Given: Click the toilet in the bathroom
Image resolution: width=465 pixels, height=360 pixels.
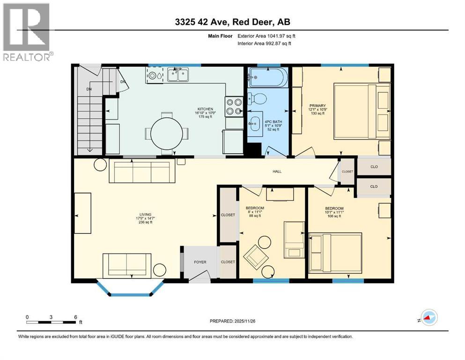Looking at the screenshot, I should click(x=257, y=99).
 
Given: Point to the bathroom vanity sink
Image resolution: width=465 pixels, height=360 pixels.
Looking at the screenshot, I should click(x=256, y=125).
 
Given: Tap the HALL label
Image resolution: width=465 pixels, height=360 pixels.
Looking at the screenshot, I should click(x=277, y=172).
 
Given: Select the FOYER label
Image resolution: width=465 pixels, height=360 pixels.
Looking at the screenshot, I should click(x=200, y=262).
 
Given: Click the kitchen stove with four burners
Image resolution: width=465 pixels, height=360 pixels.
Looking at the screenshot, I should click(x=234, y=106).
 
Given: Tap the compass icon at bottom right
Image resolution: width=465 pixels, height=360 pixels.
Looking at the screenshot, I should click(x=428, y=319).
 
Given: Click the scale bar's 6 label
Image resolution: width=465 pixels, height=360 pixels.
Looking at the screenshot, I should click(x=76, y=316).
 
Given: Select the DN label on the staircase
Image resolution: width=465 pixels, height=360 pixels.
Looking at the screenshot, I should click(x=89, y=89).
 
